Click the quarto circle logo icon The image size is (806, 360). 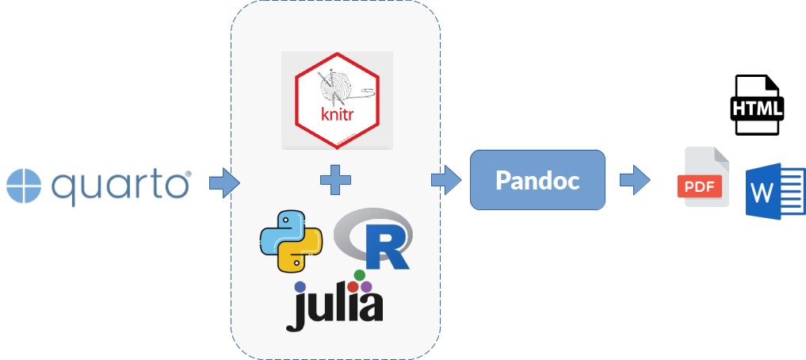click(x=24, y=185)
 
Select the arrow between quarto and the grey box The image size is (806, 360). click(x=223, y=183)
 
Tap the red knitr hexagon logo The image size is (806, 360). click(x=337, y=101)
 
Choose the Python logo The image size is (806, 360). click(x=291, y=241)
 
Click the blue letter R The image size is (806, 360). click(x=385, y=247)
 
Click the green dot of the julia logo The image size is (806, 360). click(x=359, y=275)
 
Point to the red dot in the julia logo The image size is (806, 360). click(x=353, y=286)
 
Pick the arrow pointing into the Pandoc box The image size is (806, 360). click(x=447, y=180)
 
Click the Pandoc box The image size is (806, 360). click(x=537, y=180)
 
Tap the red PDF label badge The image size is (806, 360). click(x=698, y=187)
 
